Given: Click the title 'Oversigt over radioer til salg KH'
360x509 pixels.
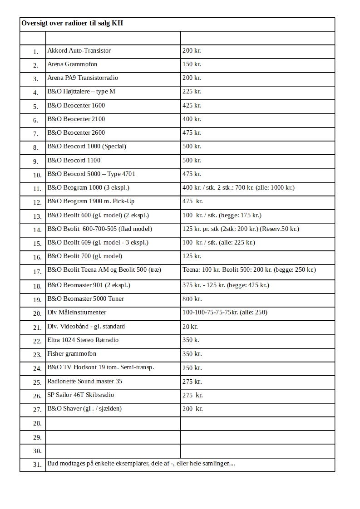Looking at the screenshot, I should tap(72, 23).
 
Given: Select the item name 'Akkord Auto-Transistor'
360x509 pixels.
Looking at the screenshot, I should tap(79, 50).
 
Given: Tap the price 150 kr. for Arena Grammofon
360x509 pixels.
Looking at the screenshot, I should tap(192, 64).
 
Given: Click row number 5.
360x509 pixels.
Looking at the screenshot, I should tap(36, 107).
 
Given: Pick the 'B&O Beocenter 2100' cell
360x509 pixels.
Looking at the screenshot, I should tap(76, 119).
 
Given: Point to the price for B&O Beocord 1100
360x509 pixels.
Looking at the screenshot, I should tap(192, 160).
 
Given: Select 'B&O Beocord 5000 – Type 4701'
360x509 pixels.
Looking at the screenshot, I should tap(91, 174).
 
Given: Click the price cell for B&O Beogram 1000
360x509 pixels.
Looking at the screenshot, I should tap(238, 187).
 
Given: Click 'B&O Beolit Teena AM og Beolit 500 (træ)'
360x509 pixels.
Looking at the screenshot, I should tap(104, 270).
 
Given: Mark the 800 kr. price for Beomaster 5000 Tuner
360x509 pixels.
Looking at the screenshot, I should tap(192, 299).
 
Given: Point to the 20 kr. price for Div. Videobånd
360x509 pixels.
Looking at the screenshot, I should tap(190, 327).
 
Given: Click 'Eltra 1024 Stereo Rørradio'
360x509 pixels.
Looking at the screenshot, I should tap(83, 340).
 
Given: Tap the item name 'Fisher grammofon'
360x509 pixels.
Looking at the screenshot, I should tap(72, 353).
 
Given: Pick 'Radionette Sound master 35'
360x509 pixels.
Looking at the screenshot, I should tap(84, 381).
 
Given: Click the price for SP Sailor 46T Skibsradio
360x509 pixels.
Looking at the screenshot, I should tap(192, 395).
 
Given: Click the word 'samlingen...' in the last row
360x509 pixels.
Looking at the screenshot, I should tap(218, 463).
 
